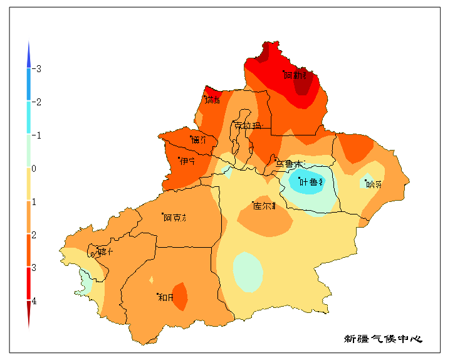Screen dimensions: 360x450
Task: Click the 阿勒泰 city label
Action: click(x=296, y=75)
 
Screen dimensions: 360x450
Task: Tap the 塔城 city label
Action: click(x=212, y=100)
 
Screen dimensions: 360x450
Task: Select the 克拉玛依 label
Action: click(x=247, y=125)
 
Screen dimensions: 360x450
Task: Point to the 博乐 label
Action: click(x=200, y=140)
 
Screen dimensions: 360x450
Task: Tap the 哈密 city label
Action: click(x=374, y=184)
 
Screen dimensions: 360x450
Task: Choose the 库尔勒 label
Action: click(x=264, y=206)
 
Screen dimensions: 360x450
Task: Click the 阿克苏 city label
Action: click(x=175, y=218)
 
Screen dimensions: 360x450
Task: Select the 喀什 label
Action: click(x=105, y=252)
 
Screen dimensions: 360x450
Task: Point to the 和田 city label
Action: click(x=165, y=297)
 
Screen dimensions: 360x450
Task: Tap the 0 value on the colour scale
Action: click(x=34, y=169)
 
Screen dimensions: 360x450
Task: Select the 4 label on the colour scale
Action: click(x=34, y=301)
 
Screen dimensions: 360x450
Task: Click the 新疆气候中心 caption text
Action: click(x=383, y=339)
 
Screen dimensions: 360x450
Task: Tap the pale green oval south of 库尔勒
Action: click(x=248, y=272)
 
